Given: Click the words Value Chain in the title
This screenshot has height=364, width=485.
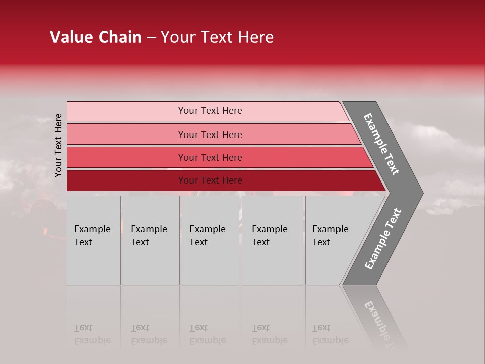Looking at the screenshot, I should point(95,37).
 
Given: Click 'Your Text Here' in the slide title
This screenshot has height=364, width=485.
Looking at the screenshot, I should point(217,37).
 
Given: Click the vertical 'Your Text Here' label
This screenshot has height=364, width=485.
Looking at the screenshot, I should point(59,146).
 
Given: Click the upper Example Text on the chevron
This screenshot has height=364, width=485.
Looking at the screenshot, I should point(381,144).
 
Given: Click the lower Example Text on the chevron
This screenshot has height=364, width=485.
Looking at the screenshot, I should point(383,239).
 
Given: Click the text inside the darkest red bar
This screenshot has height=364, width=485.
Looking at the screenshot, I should point(210,180).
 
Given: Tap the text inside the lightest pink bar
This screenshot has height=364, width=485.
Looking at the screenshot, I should point(210,111).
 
